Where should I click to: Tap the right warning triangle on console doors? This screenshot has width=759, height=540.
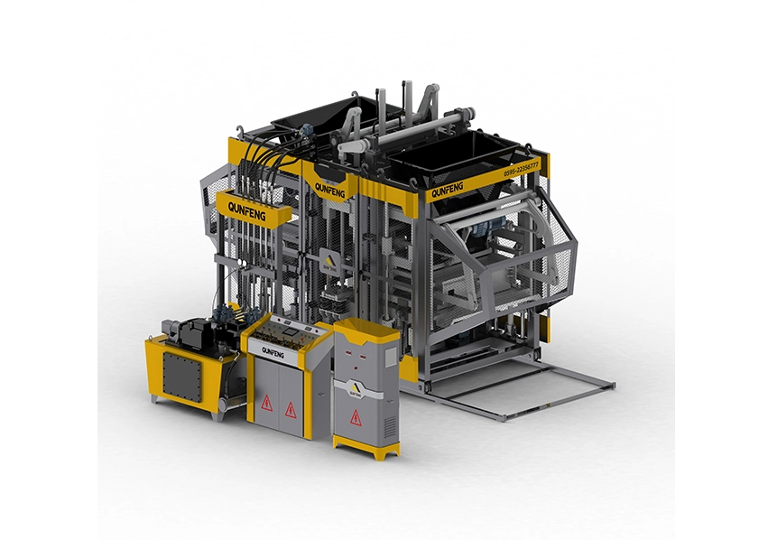point(291,410)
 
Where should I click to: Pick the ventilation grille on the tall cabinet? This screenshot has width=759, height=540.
point(388,425)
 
